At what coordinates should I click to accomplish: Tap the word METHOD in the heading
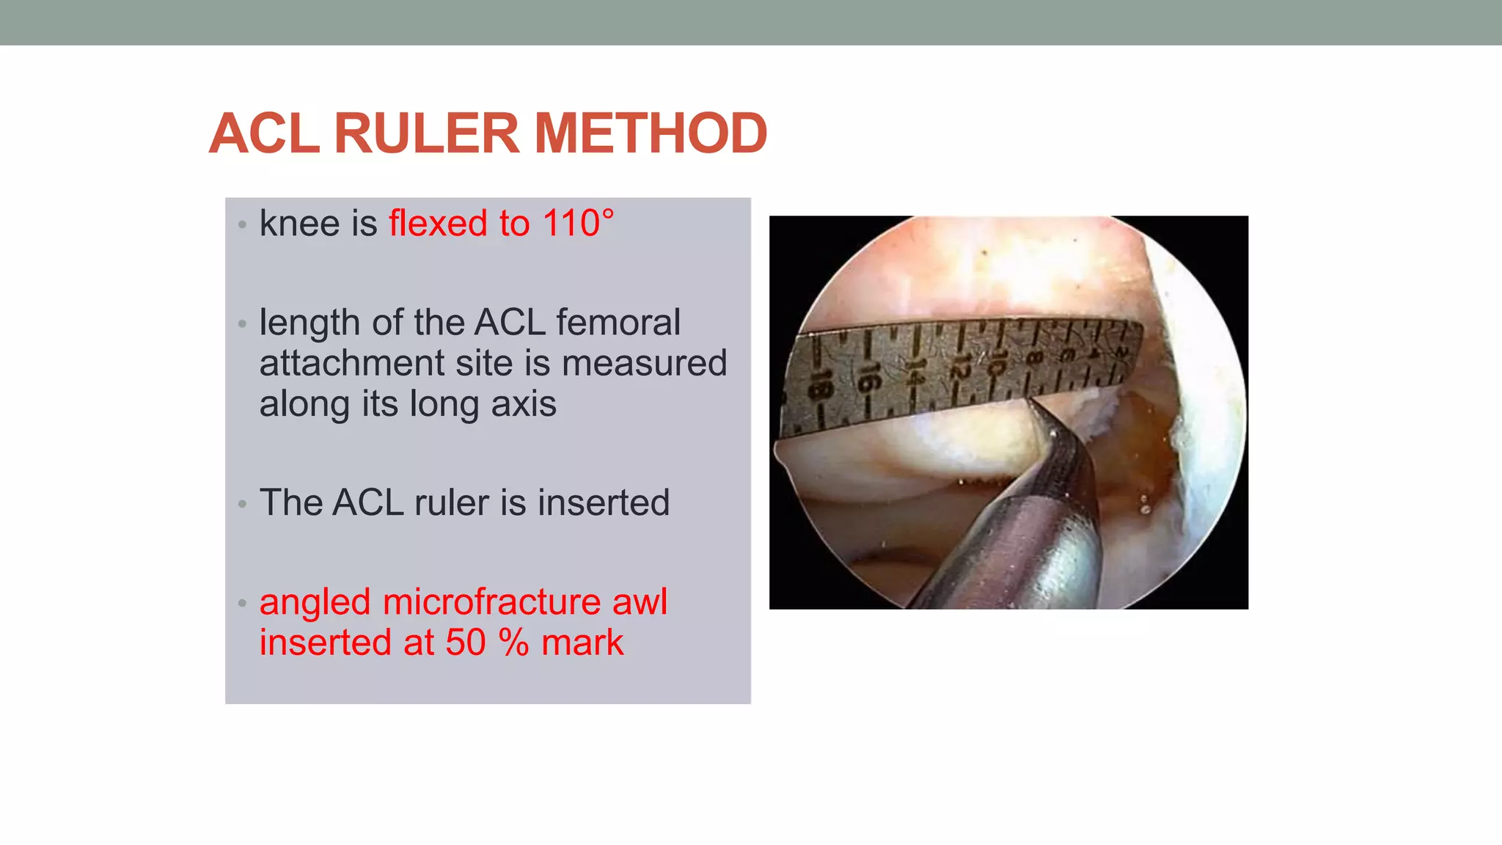[x=651, y=133]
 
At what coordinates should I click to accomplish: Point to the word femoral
[x=618, y=322]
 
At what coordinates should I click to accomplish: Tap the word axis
[x=524, y=403]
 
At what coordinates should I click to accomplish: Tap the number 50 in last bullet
[x=466, y=643]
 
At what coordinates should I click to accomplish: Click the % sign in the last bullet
[x=513, y=643]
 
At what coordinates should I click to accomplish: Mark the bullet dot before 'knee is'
[x=242, y=225]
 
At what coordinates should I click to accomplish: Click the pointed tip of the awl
[x=1030, y=401]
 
